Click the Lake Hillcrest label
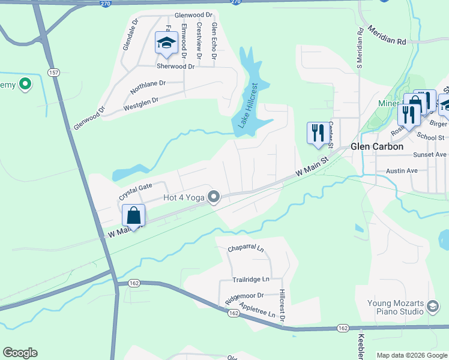247,106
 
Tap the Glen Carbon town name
376,146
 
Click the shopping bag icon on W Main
134,215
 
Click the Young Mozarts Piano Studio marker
432,307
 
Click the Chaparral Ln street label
246,248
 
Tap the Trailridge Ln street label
251,280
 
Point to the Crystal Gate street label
136,191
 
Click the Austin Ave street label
402,171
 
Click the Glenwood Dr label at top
194,14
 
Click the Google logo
20,353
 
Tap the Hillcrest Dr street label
282,307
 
